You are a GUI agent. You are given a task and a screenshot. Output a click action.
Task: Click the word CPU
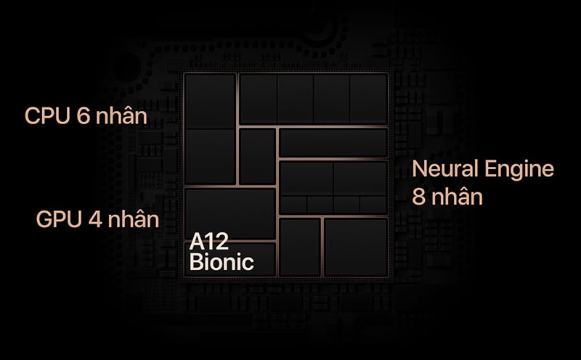(47, 115)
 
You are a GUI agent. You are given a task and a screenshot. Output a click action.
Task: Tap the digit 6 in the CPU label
(84, 115)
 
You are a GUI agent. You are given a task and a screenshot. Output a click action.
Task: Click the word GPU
(59, 219)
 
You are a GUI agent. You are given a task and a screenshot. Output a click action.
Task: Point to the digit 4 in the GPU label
(95, 219)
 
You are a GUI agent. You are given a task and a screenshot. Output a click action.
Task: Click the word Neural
(445, 168)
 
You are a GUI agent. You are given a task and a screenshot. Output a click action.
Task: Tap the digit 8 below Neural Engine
(418, 197)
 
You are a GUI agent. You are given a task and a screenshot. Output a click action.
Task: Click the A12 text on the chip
(209, 242)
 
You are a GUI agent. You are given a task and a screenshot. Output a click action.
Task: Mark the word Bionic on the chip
(222, 261)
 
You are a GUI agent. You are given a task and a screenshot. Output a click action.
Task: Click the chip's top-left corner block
(210, 101)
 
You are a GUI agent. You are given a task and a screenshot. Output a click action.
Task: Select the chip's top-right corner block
(369, 98)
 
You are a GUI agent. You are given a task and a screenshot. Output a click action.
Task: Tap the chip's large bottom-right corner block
(356, 247)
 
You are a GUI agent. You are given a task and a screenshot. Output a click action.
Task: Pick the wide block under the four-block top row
(333, 142)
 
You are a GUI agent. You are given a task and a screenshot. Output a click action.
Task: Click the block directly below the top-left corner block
(210, 156)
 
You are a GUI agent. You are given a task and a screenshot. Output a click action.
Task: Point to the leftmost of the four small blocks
(293, 205)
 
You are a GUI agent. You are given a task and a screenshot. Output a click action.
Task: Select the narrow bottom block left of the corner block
(300, 247)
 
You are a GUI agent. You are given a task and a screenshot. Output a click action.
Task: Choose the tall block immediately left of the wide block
(257, 156)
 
